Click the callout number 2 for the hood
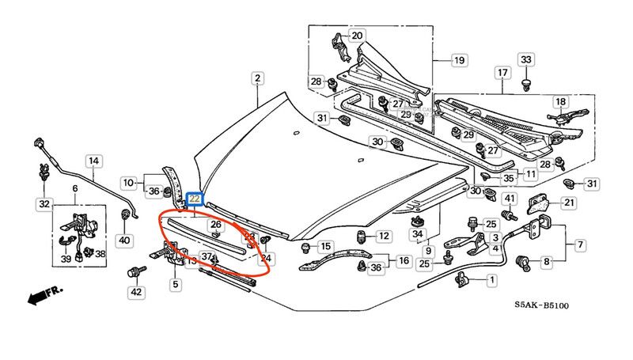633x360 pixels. [x=257, y=78]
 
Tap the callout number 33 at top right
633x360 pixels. [x=527, y=59]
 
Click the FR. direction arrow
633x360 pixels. [x=44, y=296]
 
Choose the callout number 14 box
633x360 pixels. [x=93, y=161]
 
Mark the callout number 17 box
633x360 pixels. [x=502, y=74]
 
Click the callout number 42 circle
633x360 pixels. [x=137, y=293]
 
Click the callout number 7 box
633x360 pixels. [x=580, y=244]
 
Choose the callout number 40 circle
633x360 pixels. [x=123, y=240]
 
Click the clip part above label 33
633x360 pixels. [x=526, y=81]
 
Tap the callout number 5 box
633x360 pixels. [x=176, y=282]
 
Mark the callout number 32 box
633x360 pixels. [x=43, y=204]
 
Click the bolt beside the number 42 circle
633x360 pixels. [x=134, y=273]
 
